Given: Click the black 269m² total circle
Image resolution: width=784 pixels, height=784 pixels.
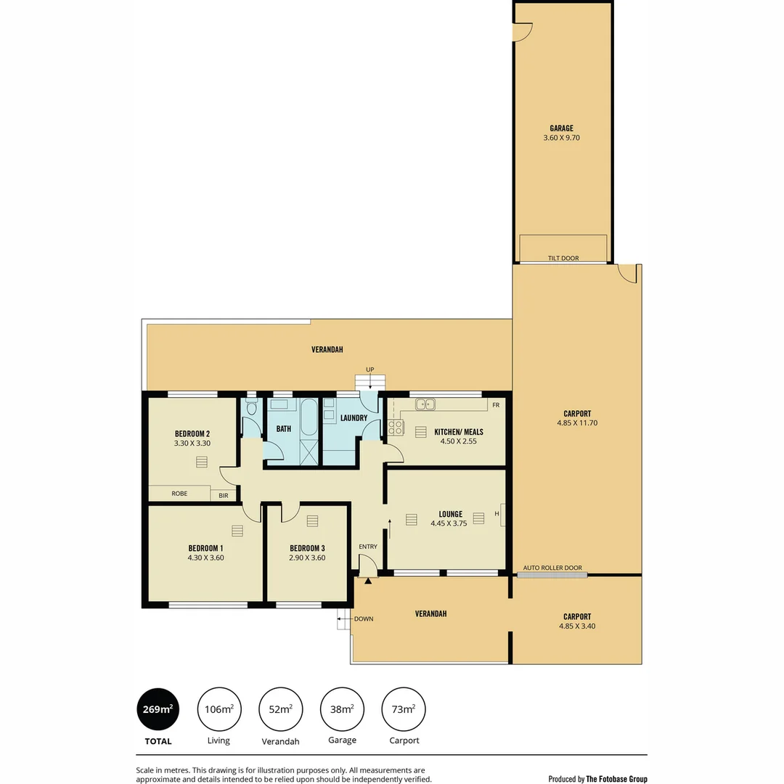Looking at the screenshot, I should [x=158, y=709].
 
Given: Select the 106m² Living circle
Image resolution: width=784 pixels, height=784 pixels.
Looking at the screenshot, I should [x=219, y=709].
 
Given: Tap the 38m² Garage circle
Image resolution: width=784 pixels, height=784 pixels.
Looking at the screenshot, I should [x=342, y=709].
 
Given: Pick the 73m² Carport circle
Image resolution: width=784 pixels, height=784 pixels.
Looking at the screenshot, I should [x=404, y=709].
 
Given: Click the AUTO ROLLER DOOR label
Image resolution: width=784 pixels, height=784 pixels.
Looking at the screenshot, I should [x=552, y=568].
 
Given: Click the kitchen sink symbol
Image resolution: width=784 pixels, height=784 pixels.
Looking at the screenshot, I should [x=425, y=404].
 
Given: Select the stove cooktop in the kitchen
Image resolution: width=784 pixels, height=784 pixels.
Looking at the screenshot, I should [x=396, y=428].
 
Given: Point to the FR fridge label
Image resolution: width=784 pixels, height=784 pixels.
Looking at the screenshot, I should [x=496, y=405].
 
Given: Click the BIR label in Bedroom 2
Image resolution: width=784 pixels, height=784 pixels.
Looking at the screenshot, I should [x=224, y=495].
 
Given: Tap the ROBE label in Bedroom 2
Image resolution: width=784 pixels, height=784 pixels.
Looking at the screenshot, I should [x=179, y=494].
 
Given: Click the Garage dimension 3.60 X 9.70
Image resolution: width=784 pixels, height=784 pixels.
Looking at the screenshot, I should [x=562, y=137].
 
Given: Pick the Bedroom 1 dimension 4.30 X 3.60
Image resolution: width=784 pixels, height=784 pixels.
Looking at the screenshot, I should [x=205, y=558].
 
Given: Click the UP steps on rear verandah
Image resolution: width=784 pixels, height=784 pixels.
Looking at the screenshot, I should [x=369, y=382].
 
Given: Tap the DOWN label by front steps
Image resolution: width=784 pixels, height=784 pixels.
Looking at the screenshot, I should [x=363, y=619].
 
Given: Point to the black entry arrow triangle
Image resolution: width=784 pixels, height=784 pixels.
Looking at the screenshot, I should [x=368, y=581].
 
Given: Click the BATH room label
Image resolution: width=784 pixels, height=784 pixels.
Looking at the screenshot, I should [x=283, y=429].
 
